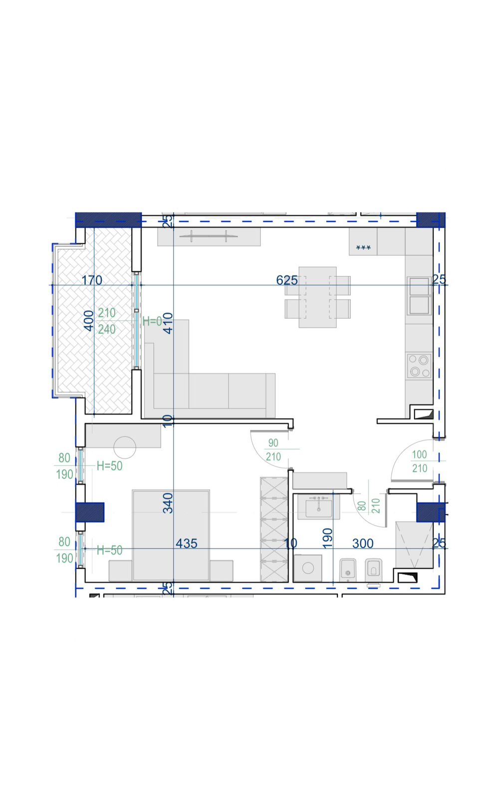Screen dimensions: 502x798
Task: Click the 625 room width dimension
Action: pos(286,280)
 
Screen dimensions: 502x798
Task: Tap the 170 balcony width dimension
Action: pos(92,280)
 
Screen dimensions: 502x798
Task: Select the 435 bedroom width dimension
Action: pos(186,543)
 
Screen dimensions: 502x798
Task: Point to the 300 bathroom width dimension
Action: pos(363,543)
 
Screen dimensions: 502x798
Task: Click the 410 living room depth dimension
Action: pos(168,323)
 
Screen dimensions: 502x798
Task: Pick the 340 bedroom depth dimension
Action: pos(168,503)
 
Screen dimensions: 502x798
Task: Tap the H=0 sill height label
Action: pos(152,321)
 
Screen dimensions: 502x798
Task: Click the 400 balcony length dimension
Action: pos(89,321)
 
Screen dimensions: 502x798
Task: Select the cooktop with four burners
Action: pos(419,366)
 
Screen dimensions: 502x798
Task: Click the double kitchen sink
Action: pos(419,296)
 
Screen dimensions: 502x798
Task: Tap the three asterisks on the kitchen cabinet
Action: pos(363,248)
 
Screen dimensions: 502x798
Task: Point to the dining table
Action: pos(317,297)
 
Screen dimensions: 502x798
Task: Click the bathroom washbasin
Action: pos(318,507)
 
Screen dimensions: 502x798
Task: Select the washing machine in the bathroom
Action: pos(308,568)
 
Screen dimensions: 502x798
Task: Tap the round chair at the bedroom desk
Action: pos(125,447)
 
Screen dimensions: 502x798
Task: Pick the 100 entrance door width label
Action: pos(419,454)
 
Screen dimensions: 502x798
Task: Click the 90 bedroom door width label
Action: pos(273,443)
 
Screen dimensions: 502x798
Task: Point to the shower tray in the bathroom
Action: pos(414,545)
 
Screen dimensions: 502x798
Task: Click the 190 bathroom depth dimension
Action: pos(327,538)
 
